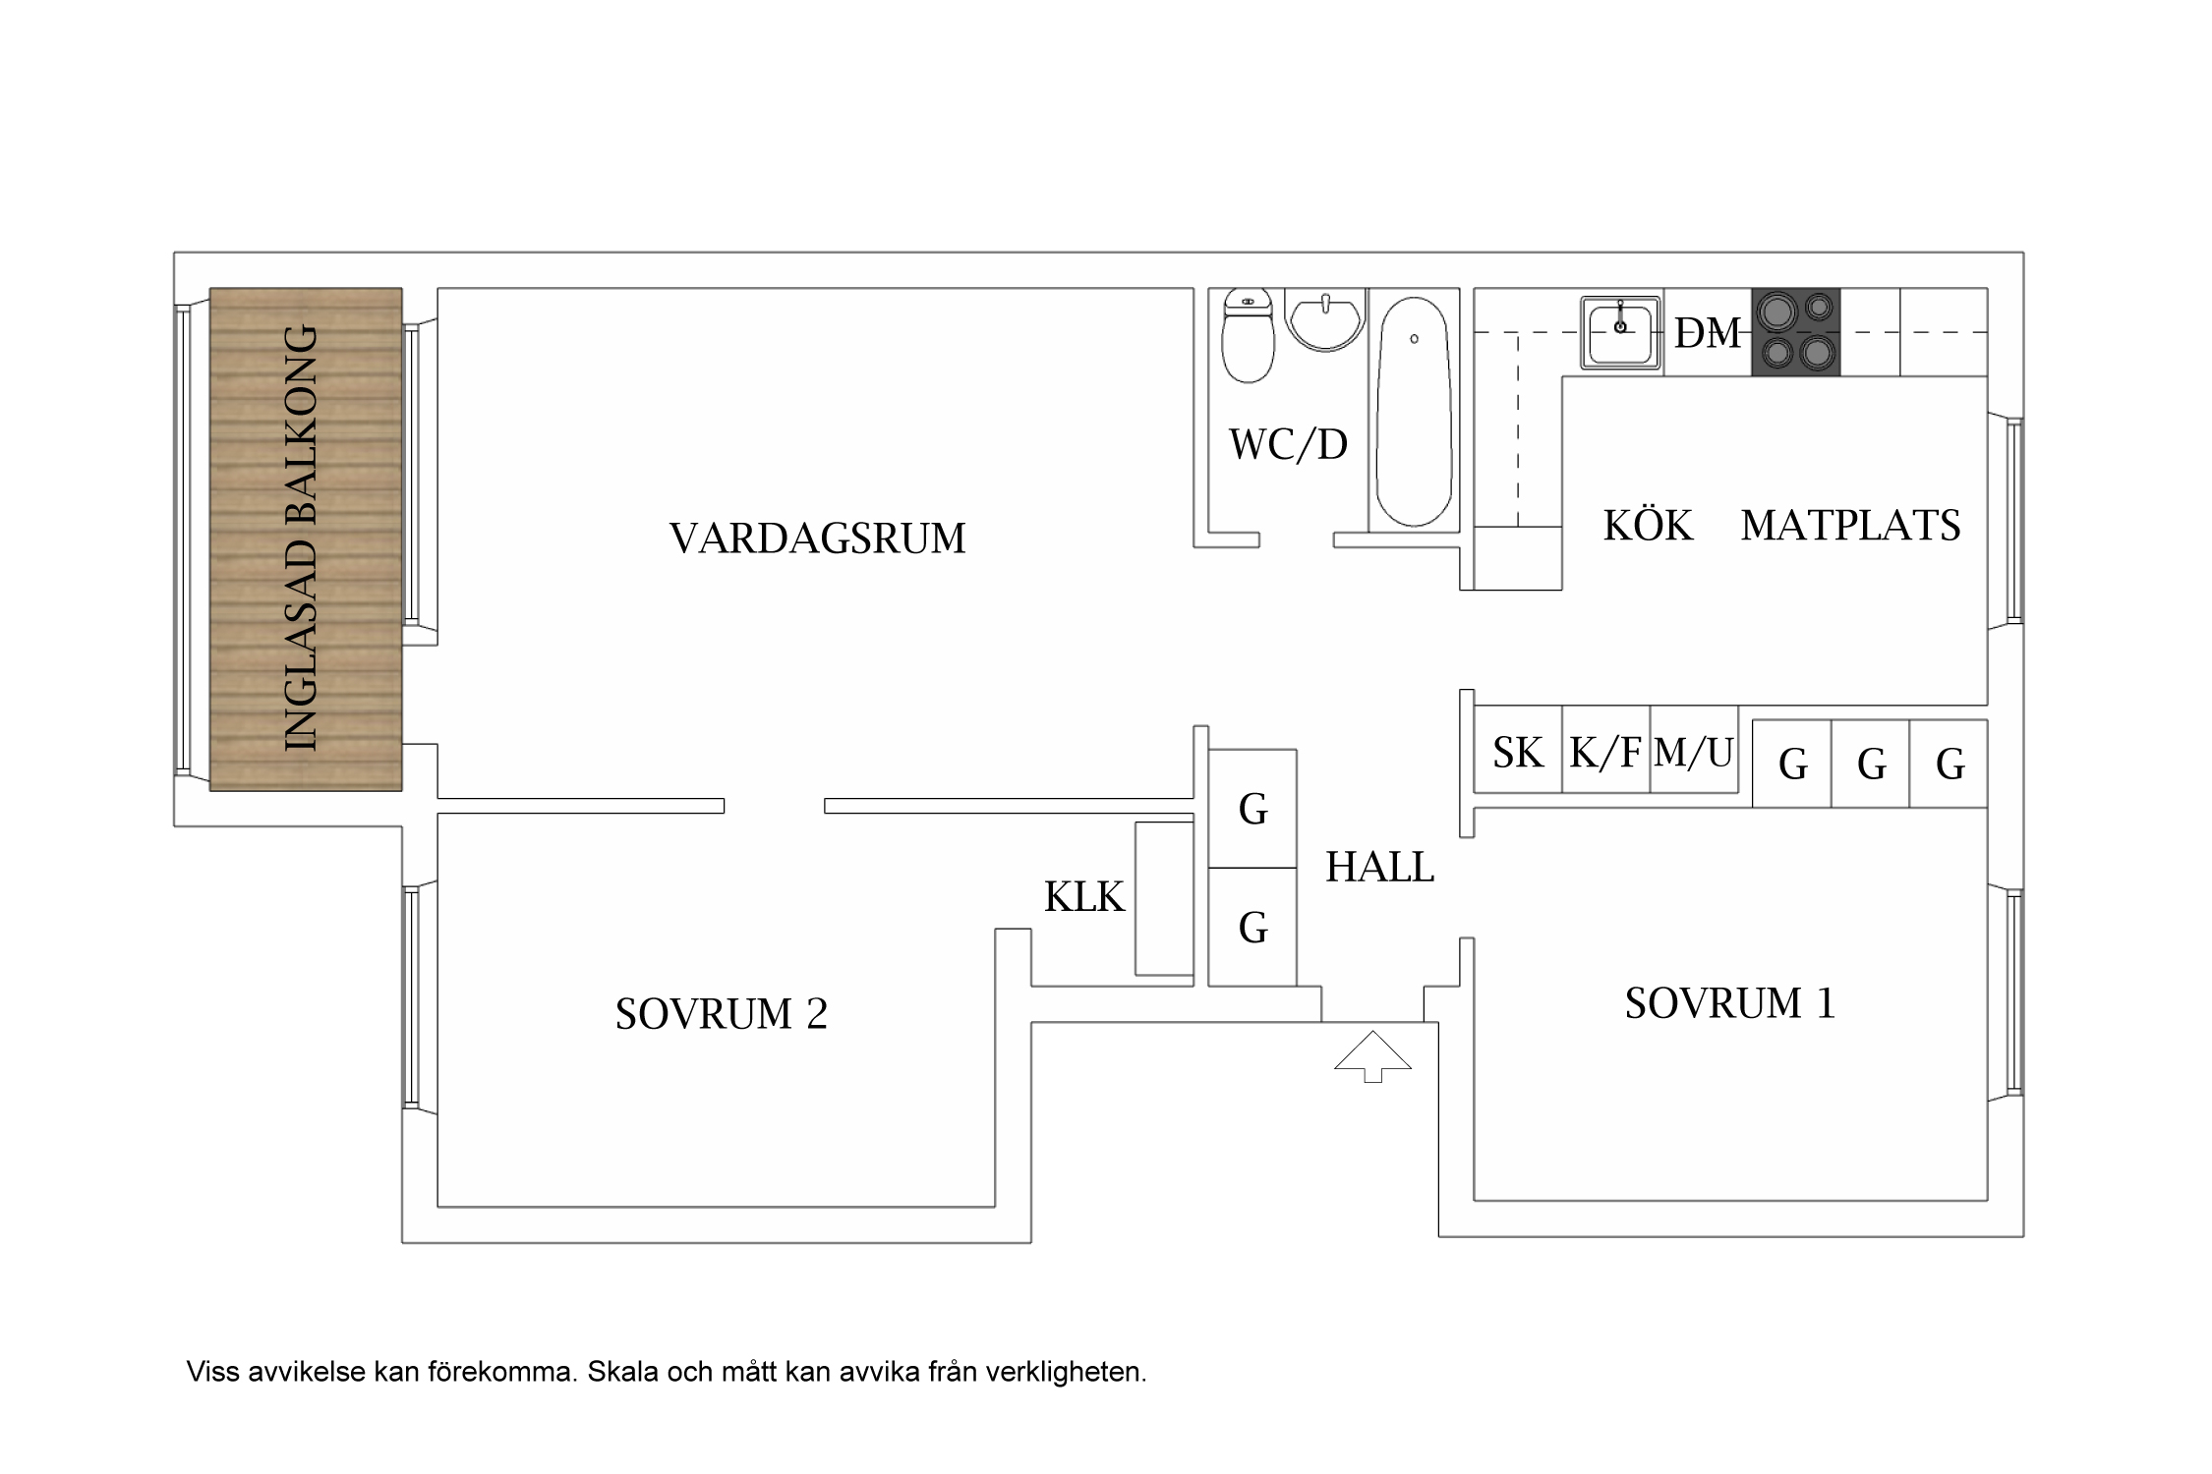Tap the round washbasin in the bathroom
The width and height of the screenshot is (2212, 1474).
coord(1325,321)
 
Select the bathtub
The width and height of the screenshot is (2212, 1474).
coord(1414,413)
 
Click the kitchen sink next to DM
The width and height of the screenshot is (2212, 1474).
coord(1619,332)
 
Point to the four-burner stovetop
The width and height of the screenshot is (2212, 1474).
coord(1795,332)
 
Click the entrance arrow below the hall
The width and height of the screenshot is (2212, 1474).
coord(1372,1055)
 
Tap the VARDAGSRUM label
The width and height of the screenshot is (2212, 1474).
coord(817,539)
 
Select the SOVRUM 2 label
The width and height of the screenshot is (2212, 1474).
coord(721,1014)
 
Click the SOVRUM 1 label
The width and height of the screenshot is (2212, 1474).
coord(1729,1003)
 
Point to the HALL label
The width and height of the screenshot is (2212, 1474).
coord(1379,867)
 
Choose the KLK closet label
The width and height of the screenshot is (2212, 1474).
coord(1083,897)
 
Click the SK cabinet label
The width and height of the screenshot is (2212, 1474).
coord(1518,753)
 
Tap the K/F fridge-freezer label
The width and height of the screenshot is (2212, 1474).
coord(1604,753)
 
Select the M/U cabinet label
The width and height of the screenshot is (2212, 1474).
coord(1693,753)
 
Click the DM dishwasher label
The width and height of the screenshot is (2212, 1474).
coord(1708,333)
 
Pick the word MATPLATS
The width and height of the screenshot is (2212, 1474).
coord(1850,526)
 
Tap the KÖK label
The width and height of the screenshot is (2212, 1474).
coord(1648,526)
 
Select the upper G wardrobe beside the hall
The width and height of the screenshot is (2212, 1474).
coord(1252,810)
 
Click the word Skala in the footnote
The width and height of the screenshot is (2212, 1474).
coord(622,1372)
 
